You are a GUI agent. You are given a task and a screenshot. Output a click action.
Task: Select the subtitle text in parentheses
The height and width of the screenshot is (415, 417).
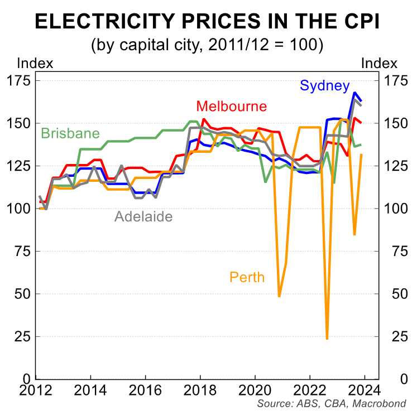(208, 45)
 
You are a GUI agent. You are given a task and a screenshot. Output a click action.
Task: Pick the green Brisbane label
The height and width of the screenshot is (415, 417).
(70, 134)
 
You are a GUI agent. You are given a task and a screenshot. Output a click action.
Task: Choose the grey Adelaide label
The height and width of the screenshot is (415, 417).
(143, 216)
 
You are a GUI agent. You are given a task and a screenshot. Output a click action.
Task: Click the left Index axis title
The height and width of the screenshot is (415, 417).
(35, 63)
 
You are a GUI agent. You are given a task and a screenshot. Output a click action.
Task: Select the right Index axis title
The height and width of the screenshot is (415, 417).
(380, 63)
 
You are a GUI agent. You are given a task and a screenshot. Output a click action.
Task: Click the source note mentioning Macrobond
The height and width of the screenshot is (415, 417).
(332, 404)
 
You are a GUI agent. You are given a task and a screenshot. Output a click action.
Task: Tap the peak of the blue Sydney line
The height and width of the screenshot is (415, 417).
(354, 93)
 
